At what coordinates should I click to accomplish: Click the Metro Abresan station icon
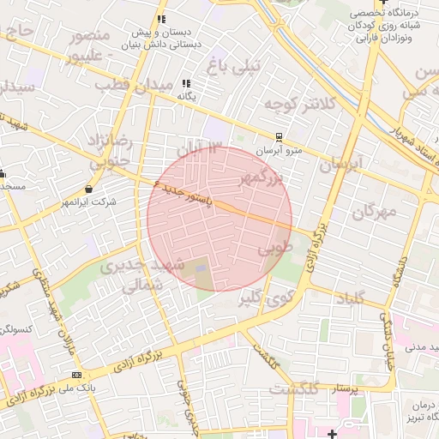tap(278, 137)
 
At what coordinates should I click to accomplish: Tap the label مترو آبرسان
tap(282, 151)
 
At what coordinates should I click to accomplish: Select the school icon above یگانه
tap(186, 84)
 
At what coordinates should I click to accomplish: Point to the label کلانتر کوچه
tap(296, 105)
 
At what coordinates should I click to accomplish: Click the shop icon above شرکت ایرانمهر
tap(89, 189)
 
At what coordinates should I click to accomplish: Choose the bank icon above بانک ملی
tap(77, 376)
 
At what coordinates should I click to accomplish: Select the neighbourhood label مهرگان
tap(374, 211)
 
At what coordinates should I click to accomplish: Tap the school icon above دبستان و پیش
tap(160, 19)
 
